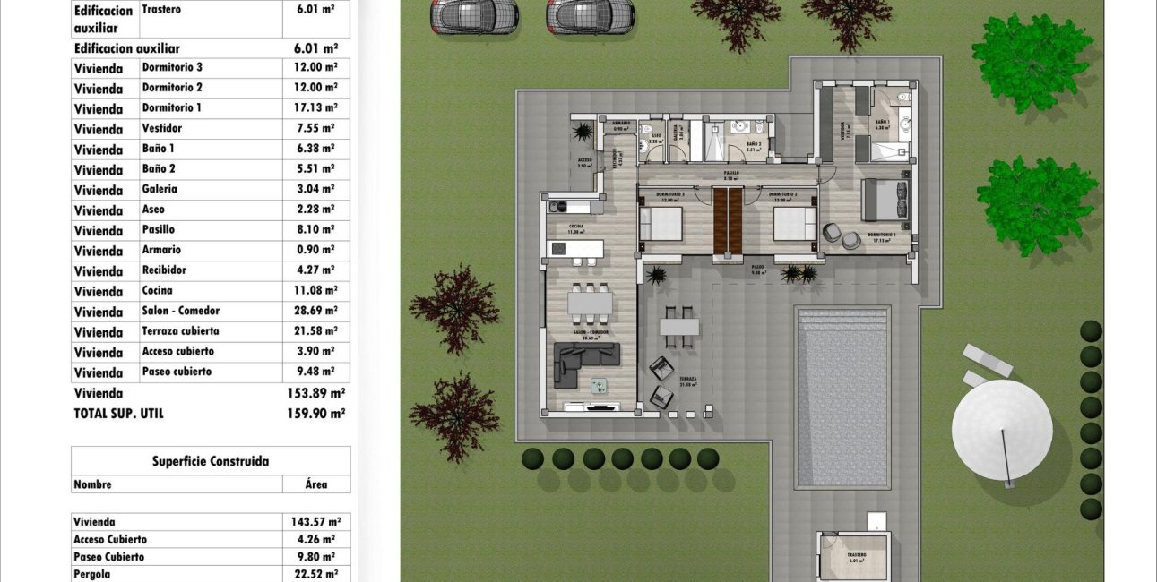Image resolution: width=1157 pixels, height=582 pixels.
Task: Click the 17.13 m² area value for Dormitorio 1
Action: (316, 108)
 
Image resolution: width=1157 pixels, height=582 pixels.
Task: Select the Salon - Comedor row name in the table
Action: (180, 312)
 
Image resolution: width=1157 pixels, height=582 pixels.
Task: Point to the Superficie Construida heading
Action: (211, 462)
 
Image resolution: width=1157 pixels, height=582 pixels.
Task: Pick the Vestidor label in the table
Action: (161, 129)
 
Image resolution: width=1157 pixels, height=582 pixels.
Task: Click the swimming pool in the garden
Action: (842, 397)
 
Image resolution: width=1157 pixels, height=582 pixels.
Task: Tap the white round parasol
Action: (1002, 429)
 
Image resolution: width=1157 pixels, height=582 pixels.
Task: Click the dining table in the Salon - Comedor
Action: (590, 304)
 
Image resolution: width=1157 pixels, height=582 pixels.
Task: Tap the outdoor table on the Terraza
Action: (679, 327)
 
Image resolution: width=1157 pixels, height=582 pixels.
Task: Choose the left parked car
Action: (475, 15)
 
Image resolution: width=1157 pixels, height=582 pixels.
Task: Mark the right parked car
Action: (591, 15)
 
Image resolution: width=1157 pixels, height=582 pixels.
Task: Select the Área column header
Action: (316, 484)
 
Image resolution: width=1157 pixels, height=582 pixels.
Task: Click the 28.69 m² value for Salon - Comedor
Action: (316, 312)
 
